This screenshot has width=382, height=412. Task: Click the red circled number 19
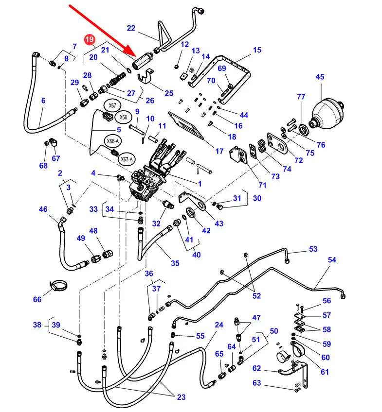pos(90,40)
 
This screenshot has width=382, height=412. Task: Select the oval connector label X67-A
pos(127,159)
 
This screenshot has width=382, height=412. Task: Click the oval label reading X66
pos(123,117)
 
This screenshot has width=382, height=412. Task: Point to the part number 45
pos(320,77)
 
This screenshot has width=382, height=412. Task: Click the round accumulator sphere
pos(326,114)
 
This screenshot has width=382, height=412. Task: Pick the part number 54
pos(332,260)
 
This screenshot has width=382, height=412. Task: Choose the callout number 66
pos(37,299)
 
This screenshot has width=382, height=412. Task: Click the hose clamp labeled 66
pos(58,286)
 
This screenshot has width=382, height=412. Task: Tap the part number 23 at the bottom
pos(181,397)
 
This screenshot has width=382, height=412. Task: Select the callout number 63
pos(256,383)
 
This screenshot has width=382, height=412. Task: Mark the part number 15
pos(257,50)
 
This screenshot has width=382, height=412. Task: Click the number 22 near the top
pos(131,28)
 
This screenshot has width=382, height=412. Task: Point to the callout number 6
pos(43,101)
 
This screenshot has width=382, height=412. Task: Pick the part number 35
pos(175,263)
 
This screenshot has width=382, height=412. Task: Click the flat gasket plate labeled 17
pos(186,126)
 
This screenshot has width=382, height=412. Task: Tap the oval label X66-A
pos(112,141)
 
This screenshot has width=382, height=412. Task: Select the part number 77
pos(301,97)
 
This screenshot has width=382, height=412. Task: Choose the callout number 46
pos(43,209)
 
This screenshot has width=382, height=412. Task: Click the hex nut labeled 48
pos(108,254)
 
